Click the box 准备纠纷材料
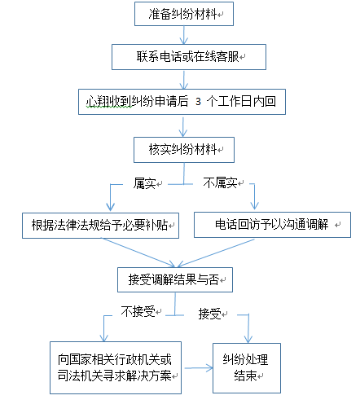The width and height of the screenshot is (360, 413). (x=184, y=14)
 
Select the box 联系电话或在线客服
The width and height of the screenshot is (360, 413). (x=189, y=57)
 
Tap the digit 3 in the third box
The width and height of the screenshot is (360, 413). (x=198, y=102)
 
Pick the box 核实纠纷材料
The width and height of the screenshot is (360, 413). (x=184, y=150)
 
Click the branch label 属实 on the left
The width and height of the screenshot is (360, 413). (x=145, y=183)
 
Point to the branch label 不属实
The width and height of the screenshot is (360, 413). (x=221, y=183)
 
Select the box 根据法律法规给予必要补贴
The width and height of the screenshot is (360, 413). (x=100, y=226)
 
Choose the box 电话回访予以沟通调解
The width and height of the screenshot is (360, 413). (x=272, y=225)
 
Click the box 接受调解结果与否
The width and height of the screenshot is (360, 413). (x=175, y=279)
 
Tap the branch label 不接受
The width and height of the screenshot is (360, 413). (x=138, y=311)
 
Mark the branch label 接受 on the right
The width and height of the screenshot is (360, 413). (x=209, y=314)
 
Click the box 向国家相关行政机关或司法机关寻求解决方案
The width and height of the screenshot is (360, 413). (x=116, y=367)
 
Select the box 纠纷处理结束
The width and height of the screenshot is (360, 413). (x=247, y=368)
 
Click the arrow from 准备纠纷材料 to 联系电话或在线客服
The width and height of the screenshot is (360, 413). (x=184, y=35)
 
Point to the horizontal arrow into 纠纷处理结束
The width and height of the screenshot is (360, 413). (x=199, y=368)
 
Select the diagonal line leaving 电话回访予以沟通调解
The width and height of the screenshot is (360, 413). (x=216, y=253)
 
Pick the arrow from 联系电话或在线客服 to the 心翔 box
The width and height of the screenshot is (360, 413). (x=184, y=80)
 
